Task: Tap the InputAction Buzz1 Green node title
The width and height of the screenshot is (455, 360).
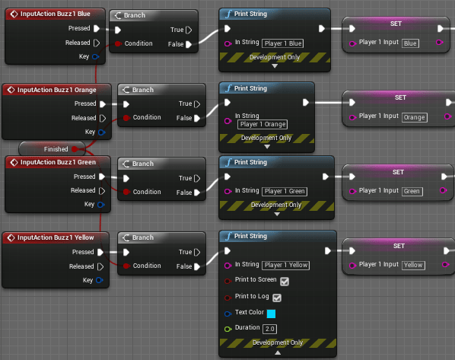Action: click(x=57, y=162)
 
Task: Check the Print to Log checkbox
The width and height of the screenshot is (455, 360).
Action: click(x=277, y=297)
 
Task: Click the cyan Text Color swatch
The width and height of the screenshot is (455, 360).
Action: click(x=271, y=313)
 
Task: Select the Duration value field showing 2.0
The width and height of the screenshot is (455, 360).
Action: click(x=269, y=328)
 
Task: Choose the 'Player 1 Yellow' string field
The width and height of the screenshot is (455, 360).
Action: click(x=286, y=265)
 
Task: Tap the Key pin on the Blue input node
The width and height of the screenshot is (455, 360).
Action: click(x=96, y=56)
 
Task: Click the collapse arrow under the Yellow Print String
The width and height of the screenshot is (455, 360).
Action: click(x=276, y=352)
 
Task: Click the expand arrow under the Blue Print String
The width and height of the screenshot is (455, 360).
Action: click(x=275, y=66)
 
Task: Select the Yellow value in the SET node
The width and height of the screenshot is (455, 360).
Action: click(x=413, y=265)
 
